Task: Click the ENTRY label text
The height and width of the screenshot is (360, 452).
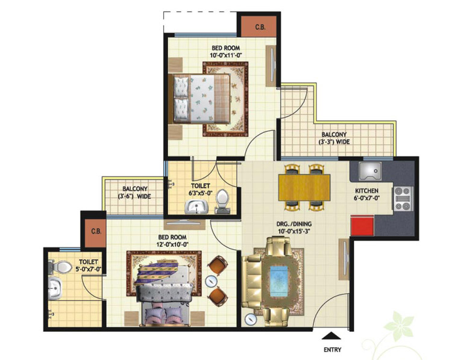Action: click(x=332, y=350)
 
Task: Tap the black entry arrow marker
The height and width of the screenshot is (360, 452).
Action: click(x=331, y=335)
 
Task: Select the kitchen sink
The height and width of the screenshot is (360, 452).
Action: click(x=370, y=170)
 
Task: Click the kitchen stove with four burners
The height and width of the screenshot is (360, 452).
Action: click(x=403, y=199)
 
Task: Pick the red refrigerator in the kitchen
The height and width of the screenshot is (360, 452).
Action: click(x=362, y=225)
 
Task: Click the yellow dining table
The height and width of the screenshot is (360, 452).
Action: click(x=304, y=187)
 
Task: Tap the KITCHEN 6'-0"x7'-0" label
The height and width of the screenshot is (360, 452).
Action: click(x=366, y=194)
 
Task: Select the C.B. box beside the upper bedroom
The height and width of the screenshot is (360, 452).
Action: click(x=260, y=27)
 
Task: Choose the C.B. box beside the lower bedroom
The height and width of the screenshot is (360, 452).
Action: click(x=96, y=231)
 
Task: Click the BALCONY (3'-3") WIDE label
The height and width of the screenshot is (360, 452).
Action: click(x=334, y=138)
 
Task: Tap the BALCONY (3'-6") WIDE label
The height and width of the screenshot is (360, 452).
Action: click(x=134, y=193)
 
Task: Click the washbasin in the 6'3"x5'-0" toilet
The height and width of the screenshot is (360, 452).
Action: click(x=196, y=206)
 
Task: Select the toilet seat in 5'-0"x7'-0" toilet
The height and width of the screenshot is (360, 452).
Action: click(x=60, y=267)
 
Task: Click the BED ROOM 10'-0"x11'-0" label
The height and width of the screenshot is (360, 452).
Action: click(x=226, y=52)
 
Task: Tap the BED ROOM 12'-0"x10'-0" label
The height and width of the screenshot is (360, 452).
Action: click(x=172, y=241)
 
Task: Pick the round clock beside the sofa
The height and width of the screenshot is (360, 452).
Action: click(x=250, y=320)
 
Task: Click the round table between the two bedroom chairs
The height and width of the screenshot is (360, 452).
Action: click(x=212, y=281)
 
